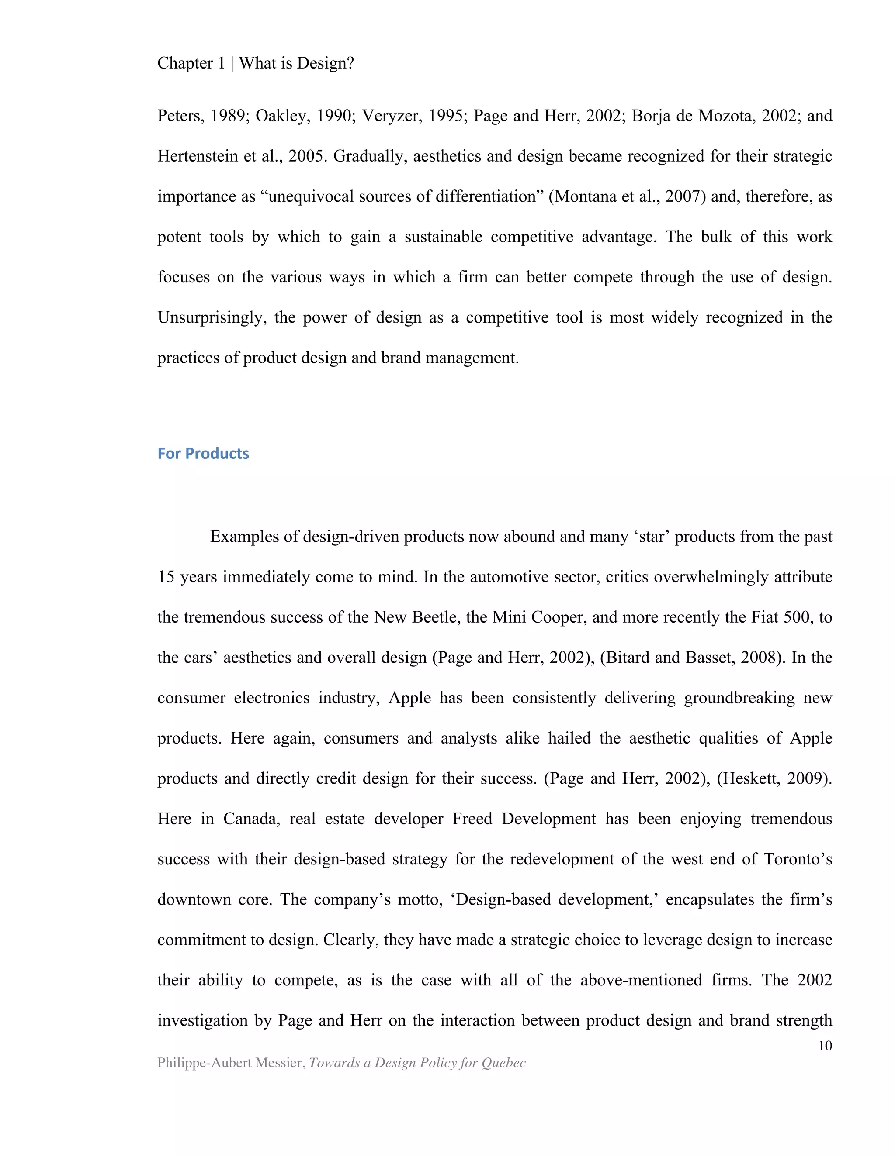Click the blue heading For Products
tap(203, 454)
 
